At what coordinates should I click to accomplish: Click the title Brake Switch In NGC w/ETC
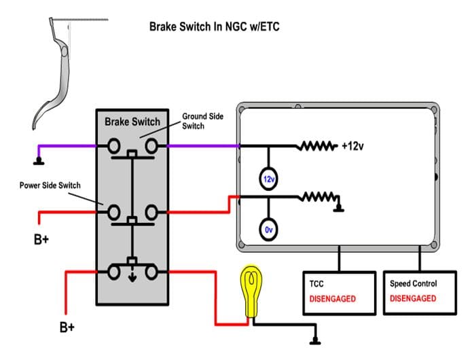pos(215,26)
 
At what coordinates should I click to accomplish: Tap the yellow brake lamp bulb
pos(251,291)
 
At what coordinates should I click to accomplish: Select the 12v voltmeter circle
pos(268,179)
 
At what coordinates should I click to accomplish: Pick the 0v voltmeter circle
pos(268,230)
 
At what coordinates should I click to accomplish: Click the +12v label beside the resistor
pos(352,146)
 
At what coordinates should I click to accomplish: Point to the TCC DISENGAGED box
pos(340,293)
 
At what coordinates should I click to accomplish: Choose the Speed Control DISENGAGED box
pos(420,293)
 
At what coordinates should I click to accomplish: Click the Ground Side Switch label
pos(202,121)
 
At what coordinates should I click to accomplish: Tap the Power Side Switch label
pos(50,185)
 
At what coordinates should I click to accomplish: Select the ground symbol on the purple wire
pos(39,162)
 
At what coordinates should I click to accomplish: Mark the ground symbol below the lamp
pos(315,341)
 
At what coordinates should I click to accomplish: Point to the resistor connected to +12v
pos(316,146)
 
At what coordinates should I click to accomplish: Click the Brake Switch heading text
pos(132,122)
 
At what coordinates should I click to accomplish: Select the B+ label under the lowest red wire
pos(67,327)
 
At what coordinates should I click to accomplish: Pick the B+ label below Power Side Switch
pos(41,240)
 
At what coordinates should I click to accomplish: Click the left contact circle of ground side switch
pos(114,146)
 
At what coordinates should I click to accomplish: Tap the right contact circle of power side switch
pos(151,212)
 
